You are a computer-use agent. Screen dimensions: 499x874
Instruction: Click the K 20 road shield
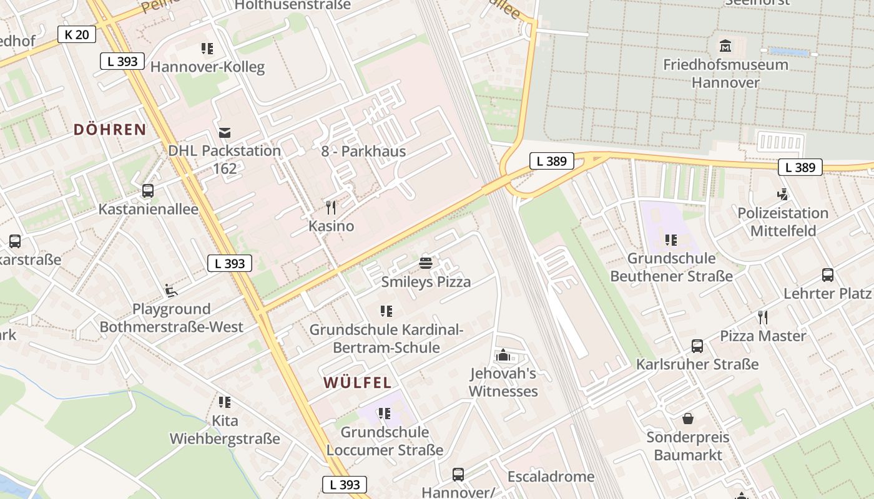pos(77,34)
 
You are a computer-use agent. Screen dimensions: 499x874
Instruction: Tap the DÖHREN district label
pos(110,130)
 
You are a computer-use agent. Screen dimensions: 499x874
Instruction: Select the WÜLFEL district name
pos(357,382)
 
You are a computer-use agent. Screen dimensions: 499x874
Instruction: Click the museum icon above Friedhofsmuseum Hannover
pos(725,46)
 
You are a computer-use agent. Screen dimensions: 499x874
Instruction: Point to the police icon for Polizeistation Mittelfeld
pos(782,194)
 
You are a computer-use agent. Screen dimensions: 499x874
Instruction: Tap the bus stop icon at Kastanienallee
pos(148,191)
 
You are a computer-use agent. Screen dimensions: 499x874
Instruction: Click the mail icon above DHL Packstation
pos(225,132)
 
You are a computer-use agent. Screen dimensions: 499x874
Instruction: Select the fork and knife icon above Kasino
pos(331,207)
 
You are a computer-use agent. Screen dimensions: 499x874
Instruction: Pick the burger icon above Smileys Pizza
pos(426,263)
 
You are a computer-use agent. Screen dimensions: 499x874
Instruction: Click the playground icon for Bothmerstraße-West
pos(171,291)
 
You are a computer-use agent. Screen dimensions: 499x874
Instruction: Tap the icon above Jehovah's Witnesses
pos(503,356)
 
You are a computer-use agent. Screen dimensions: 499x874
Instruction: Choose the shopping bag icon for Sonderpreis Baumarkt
pos(687,419)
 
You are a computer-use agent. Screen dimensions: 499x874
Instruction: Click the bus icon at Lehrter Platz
pos(827,275)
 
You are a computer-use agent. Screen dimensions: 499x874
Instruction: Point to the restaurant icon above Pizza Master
pos(762,317)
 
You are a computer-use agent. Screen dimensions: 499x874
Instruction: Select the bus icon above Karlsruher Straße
pos(697,346)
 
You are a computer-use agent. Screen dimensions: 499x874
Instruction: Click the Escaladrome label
pos(551,477)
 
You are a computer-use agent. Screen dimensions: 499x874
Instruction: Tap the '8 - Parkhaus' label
pos(363,151)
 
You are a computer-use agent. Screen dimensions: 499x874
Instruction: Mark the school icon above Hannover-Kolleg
pos(207,48)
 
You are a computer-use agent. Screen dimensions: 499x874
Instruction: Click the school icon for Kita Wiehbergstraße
pos(225,402)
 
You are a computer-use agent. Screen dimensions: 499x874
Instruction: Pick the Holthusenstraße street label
pos(293,5)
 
